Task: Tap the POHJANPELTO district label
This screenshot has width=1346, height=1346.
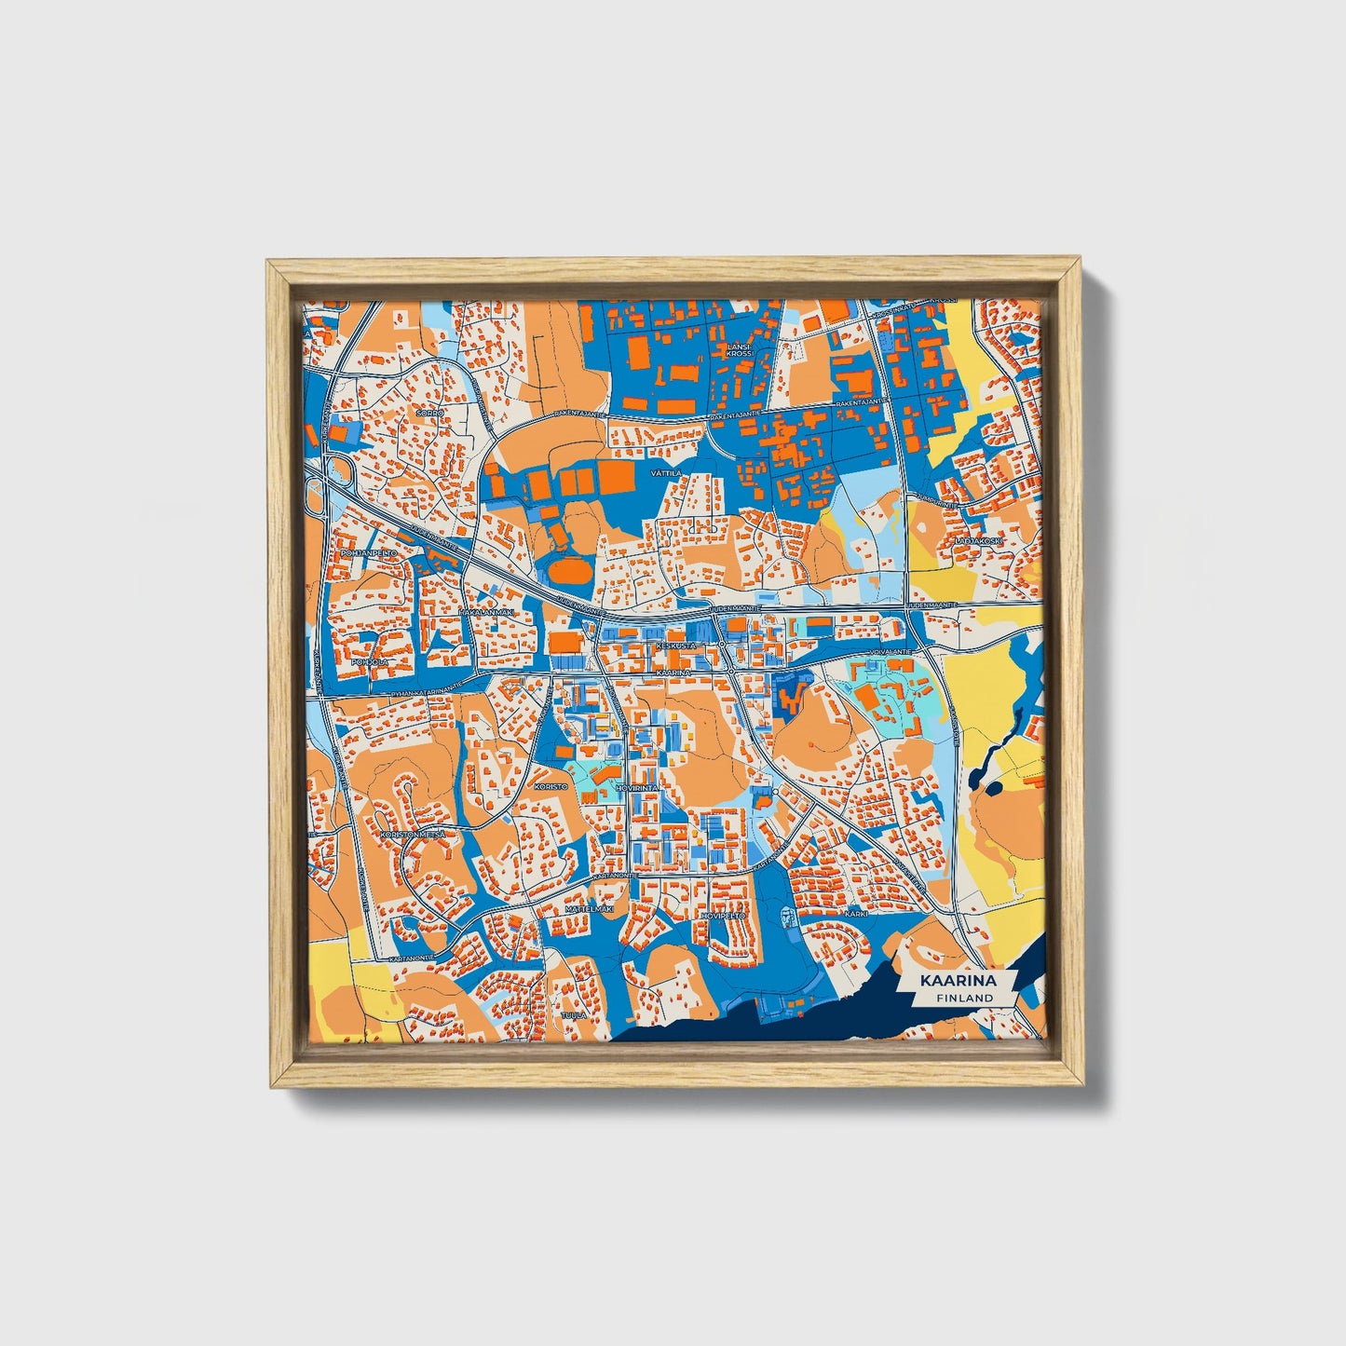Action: tap(370, 552)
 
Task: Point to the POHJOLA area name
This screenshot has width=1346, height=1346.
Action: tap(363, 663)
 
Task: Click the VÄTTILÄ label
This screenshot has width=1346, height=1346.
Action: tap(666, 473)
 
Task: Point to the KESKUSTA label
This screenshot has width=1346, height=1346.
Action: tap(675, 645)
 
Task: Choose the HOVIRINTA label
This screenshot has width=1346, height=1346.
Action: tap(637, 788)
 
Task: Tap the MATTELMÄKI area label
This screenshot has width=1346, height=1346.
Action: tap(591, 908)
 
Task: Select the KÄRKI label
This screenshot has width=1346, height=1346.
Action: tap(856, 914)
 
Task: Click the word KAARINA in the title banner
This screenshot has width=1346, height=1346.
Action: tap(958, 981)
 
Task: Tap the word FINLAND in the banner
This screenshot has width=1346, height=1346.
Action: tap(965, 998)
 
